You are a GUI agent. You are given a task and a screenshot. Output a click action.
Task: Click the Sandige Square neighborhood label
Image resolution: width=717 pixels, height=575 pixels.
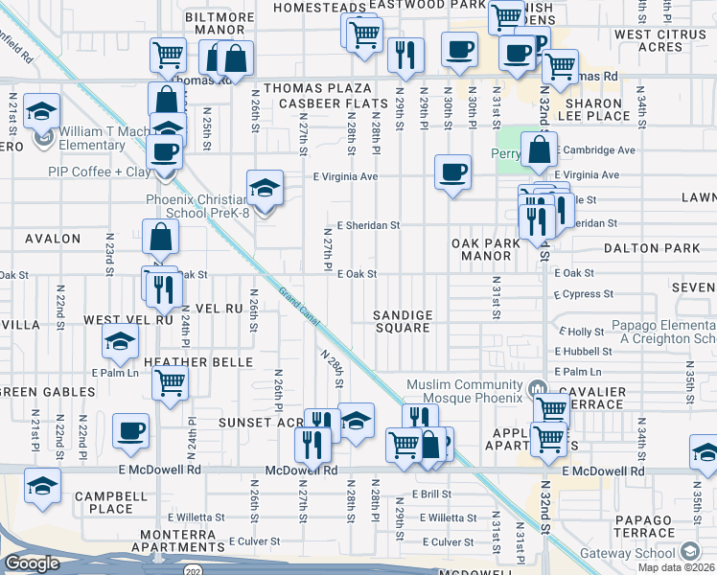pyautogui.click(x=403, y=321)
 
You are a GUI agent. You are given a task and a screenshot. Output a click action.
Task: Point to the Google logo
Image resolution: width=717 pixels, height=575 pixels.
pyautogui.click(x=32, y=563)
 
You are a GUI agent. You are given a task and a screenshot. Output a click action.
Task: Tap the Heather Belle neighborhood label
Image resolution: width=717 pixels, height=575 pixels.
pyautogui.click(x=197, y=361)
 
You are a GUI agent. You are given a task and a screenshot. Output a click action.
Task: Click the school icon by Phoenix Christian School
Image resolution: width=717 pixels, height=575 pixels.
pyautogui.click(x=266, y=187)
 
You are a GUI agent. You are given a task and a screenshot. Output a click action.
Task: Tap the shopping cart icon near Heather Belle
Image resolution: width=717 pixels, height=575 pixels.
pyautogui.click(x=170, y=383)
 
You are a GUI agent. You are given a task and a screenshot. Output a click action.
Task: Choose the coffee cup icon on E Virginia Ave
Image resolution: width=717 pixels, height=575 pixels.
pyautogui.click(x=452, y=172)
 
